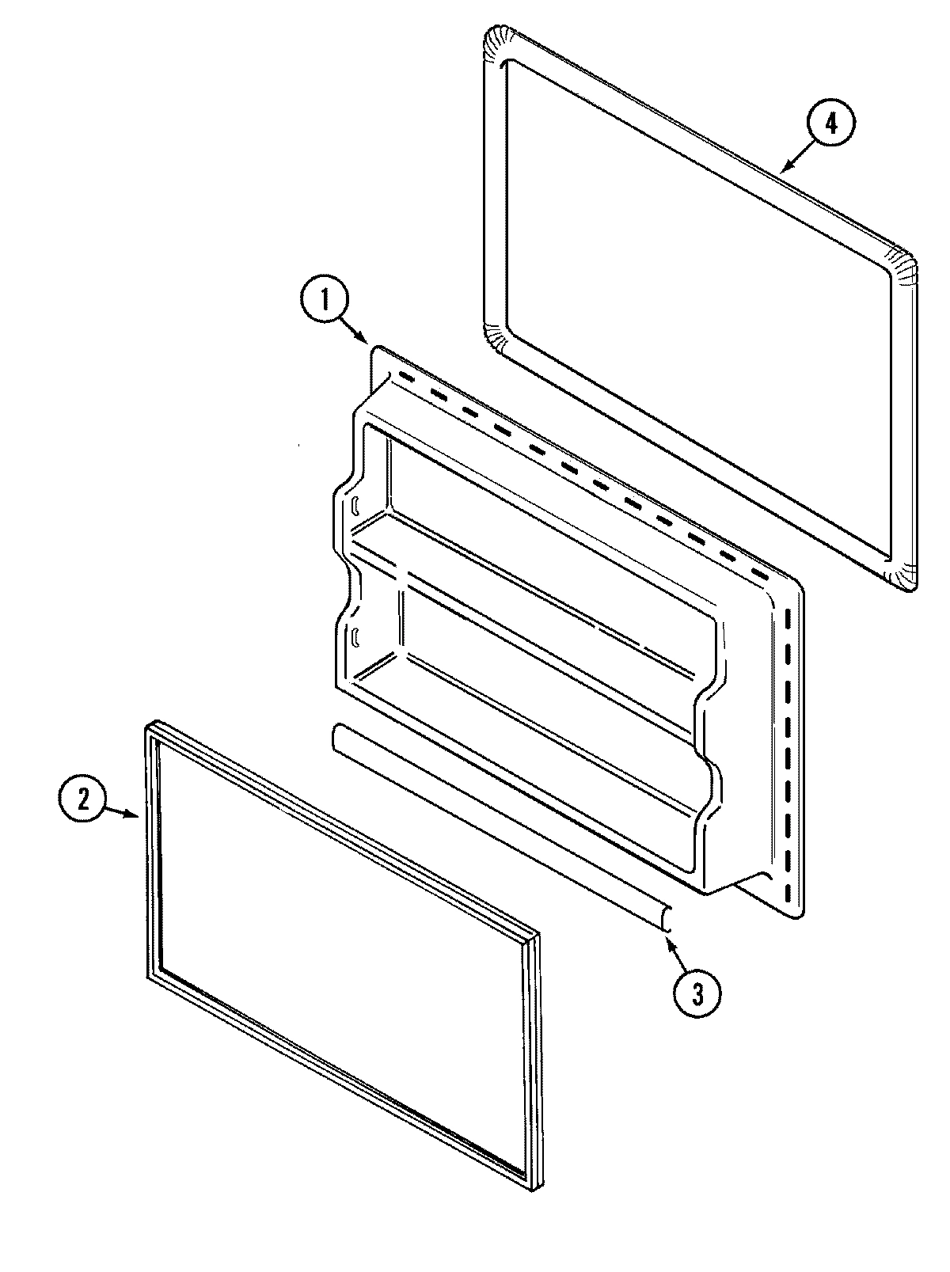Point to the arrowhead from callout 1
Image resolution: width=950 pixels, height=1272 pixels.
[x=367, y=343]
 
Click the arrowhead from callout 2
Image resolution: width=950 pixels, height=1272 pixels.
[x=139, y=814]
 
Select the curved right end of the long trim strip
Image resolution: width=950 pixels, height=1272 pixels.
[x=667, y=917]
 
